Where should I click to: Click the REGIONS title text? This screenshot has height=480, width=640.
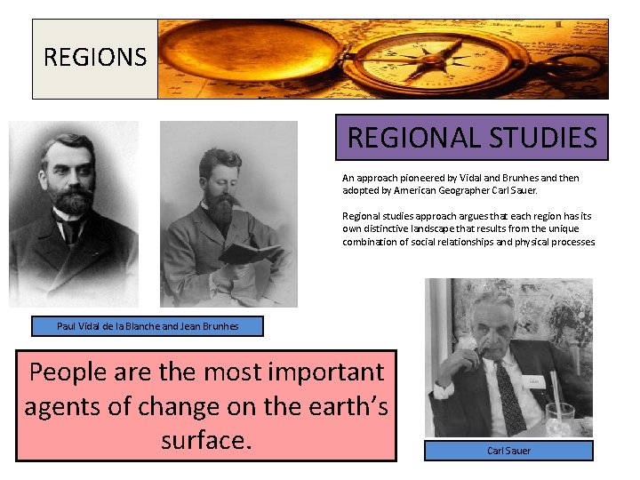tap(94, 58)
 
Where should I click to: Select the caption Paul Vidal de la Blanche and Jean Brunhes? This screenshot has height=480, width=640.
tap(148, 326)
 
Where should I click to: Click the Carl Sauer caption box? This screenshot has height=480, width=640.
tap(508, 451)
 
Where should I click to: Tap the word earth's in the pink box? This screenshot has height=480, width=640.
tap(332, 406)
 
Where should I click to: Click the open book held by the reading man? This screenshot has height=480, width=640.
tap(243, 252)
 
